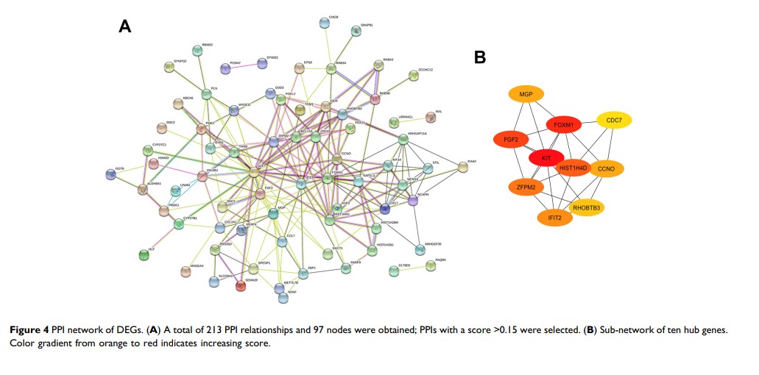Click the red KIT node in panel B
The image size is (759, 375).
point(546,157)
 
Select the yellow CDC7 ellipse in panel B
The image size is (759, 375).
point(619,120)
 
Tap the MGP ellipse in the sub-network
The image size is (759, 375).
point(526,94)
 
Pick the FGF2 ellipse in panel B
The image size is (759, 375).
point(511,139)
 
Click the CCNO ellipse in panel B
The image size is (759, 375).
point(606,169)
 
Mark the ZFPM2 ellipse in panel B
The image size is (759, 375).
point(526,188)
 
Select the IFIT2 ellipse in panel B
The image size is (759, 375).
point(555,218)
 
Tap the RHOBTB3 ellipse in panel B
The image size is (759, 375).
point(587,208)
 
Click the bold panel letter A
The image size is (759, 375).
point(124,27)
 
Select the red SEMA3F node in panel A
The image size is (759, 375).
point(241,286)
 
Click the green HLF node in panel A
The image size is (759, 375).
point(144,255)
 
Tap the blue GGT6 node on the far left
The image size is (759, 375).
point(110,174)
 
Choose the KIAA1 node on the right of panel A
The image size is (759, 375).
point(462,168)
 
